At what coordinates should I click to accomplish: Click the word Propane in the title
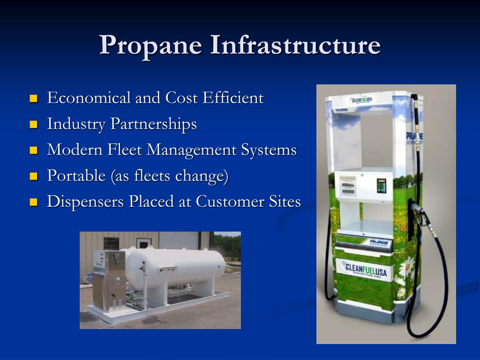[150, 46]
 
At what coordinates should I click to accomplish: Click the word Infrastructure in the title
[295, 46]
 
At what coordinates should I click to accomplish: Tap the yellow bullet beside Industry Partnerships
[33, 125]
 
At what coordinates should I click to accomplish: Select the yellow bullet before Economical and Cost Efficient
[33, 99]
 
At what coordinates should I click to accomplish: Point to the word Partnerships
[154, 125]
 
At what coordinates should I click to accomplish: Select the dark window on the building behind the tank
[111, 243]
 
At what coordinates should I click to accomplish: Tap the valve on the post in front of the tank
[143, 269]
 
